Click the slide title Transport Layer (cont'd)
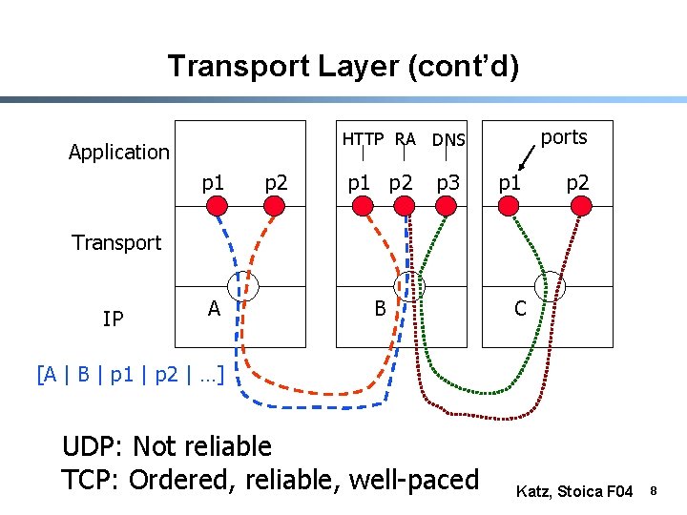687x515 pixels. pyautogui.click(x=343, y=66)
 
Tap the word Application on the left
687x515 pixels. pyautogui.click(x=119, y=152)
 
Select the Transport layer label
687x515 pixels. pyautogui.click(x=116, y=242)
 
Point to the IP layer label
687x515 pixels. pyautogui.click(x=113, y=319)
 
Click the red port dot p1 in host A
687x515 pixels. pyautogui.click(x=217, y=206)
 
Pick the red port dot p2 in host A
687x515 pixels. pyautogui.click(x=275, y=206)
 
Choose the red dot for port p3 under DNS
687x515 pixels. pyautogui.click(x=445, y=206)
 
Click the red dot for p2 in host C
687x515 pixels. pyautogui.click(x=576, y=206)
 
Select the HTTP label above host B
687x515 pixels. pyautogui.click(x=363, y=139)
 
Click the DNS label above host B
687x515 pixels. pyautogui.click(x=448, y=140)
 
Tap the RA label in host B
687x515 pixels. pyautogui.click(x=406, y=139)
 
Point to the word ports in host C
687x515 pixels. pyautogui.click(x=564, y=137)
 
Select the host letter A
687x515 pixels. pyautogui.click(x=215, y=307)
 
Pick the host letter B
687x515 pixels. pyautogui.click(x=380, y=307)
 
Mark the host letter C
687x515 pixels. pyautogui.click(x=520, y=307)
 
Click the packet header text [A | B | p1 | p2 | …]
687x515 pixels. pyautogui.click(x=130, y=374)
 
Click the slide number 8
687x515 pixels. pyautogui.click(x=655, y=491)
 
